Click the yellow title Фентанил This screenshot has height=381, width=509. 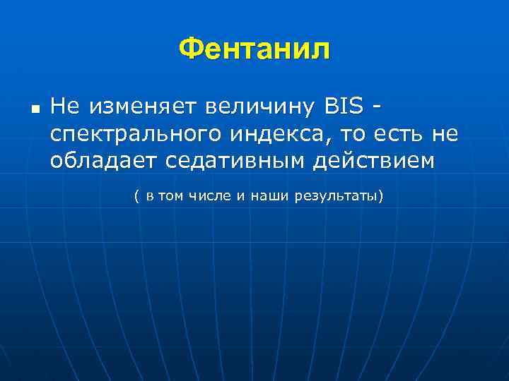(x=254, y=49)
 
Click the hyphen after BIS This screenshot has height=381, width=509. (x=379, y=109)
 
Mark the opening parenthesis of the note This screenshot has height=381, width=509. (x=136, y=195)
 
